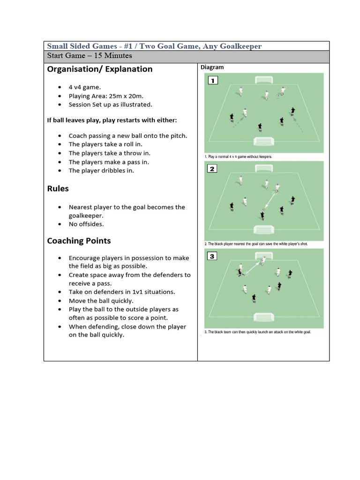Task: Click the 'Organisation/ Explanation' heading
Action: pos(99,69)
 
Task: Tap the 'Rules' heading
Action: pos(58,188)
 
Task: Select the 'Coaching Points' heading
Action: pos(79,241)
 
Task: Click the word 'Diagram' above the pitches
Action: pos(212,67)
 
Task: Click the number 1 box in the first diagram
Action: pos(212,81)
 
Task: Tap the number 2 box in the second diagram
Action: pos(212,168)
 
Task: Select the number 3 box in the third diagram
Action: pos(212,256)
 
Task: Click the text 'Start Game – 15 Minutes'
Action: pos(90,56)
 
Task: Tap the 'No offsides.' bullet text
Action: pos(86,224)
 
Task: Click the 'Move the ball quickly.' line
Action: pos(101,301)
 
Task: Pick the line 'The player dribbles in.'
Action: pos(101,171)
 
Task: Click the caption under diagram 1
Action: pos(238,157)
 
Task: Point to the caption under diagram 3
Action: pos(257,332)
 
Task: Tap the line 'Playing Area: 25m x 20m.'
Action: pos(106,96)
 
